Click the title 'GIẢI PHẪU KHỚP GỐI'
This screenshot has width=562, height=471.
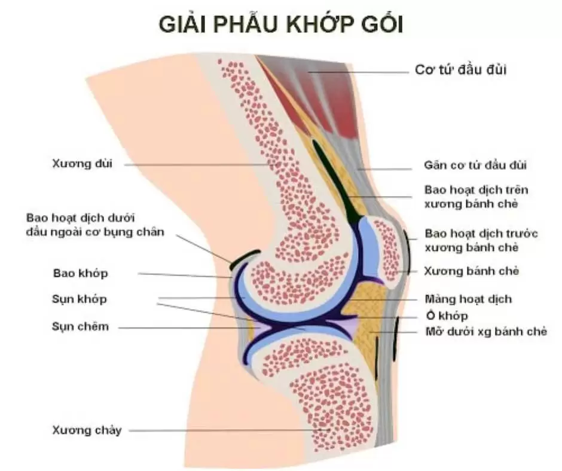281,24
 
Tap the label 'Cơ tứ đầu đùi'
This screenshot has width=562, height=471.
460,69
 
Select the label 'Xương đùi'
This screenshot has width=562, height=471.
82,163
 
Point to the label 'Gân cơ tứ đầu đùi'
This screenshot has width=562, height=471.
475,165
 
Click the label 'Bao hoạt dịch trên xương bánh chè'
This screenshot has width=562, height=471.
477,197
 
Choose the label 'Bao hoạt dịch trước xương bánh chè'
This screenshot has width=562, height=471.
481,240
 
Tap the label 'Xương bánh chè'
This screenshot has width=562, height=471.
471,271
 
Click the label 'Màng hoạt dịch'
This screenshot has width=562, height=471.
468,299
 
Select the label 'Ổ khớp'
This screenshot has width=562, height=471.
447,316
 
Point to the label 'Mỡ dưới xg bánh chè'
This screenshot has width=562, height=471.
486,332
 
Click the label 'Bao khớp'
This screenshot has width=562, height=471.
80,274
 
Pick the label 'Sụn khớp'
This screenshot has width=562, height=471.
79,299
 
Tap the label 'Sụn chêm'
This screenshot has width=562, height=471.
80,326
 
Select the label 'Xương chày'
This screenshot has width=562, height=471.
87,430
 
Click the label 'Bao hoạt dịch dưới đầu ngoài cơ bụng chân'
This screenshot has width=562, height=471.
95,225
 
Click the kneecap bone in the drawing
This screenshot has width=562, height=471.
386,251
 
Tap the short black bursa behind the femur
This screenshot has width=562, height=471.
245,258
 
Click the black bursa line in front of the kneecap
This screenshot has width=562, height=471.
408,251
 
